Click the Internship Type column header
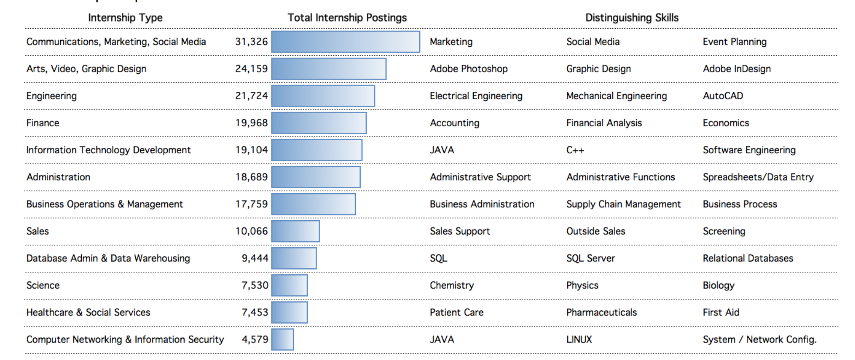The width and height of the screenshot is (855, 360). [125, 17]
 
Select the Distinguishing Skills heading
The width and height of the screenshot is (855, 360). [631, 17]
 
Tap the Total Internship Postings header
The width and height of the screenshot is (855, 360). [347, 17]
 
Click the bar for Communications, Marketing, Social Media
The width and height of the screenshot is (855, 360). [345, 42]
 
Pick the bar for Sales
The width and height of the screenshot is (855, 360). [295, 231]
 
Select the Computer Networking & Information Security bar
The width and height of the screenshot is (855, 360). [283, 339]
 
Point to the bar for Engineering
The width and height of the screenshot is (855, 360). [323, 96]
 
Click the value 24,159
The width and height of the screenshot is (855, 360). [251, 69]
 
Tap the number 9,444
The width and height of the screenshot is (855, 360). [255, 258]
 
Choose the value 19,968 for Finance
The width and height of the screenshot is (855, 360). [251, 123]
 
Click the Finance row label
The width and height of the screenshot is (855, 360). [43, 123]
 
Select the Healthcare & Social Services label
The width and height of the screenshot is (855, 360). [88, 312]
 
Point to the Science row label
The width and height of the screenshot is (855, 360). [43, 285]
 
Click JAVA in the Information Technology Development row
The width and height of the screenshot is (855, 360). [442, 150]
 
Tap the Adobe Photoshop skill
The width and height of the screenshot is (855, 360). [469, 69]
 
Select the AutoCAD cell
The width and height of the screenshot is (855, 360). [723, 96]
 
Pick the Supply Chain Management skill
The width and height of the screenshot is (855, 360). [623, 204]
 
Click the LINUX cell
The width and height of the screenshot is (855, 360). [579, 339]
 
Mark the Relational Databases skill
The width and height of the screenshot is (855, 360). [748, 258]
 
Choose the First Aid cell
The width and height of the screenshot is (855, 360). [721, 312]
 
